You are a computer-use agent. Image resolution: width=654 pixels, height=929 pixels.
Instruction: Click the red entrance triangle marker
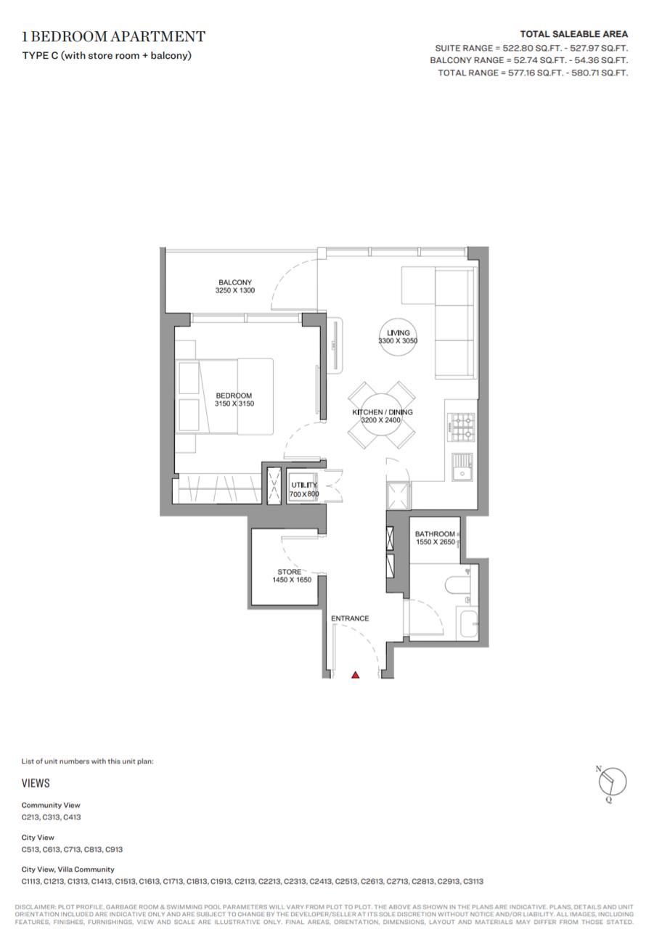pyautogui.click(x=355, y=675)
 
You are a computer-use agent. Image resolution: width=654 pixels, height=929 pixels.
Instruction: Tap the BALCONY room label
pyautogui.click(x=235, y=282)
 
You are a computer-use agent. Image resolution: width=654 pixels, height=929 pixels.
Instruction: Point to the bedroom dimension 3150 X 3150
pyautogui.click(x=234, y=404)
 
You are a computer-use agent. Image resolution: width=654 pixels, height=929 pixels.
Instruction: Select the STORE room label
pyautogui.click(x=290, y=572)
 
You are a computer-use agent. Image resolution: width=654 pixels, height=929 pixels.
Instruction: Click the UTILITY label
pyautogui.click(x=304, y=485)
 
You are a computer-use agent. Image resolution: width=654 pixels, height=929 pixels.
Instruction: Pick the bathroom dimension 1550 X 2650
pyautogui.click(x=436, y=542)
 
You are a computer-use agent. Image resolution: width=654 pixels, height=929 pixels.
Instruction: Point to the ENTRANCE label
pyautogui.click(x=350, y=618)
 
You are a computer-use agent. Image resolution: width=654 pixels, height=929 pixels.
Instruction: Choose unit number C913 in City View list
pyautogui.click(x=114, y=849)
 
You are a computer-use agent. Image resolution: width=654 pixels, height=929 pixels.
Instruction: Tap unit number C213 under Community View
pyautogui.click(x=30, y=817)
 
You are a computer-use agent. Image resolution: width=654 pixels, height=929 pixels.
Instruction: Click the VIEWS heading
pyautogui.click(x=36, y=783)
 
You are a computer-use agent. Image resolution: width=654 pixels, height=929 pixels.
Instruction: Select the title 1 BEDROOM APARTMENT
pyautogui.click(x=114, y=36)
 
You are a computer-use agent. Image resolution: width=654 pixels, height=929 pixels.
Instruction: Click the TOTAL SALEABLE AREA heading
pyautogui.click(x=574, y=34)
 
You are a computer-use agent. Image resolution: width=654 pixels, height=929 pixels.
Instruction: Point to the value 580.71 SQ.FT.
pyautogui.click(x=600, y=73)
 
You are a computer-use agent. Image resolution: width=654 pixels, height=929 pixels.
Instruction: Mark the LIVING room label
pyautogui.click(x=398, y=332)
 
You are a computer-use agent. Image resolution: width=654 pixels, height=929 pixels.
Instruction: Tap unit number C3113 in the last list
pyautogui.click(x=473, y=881)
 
